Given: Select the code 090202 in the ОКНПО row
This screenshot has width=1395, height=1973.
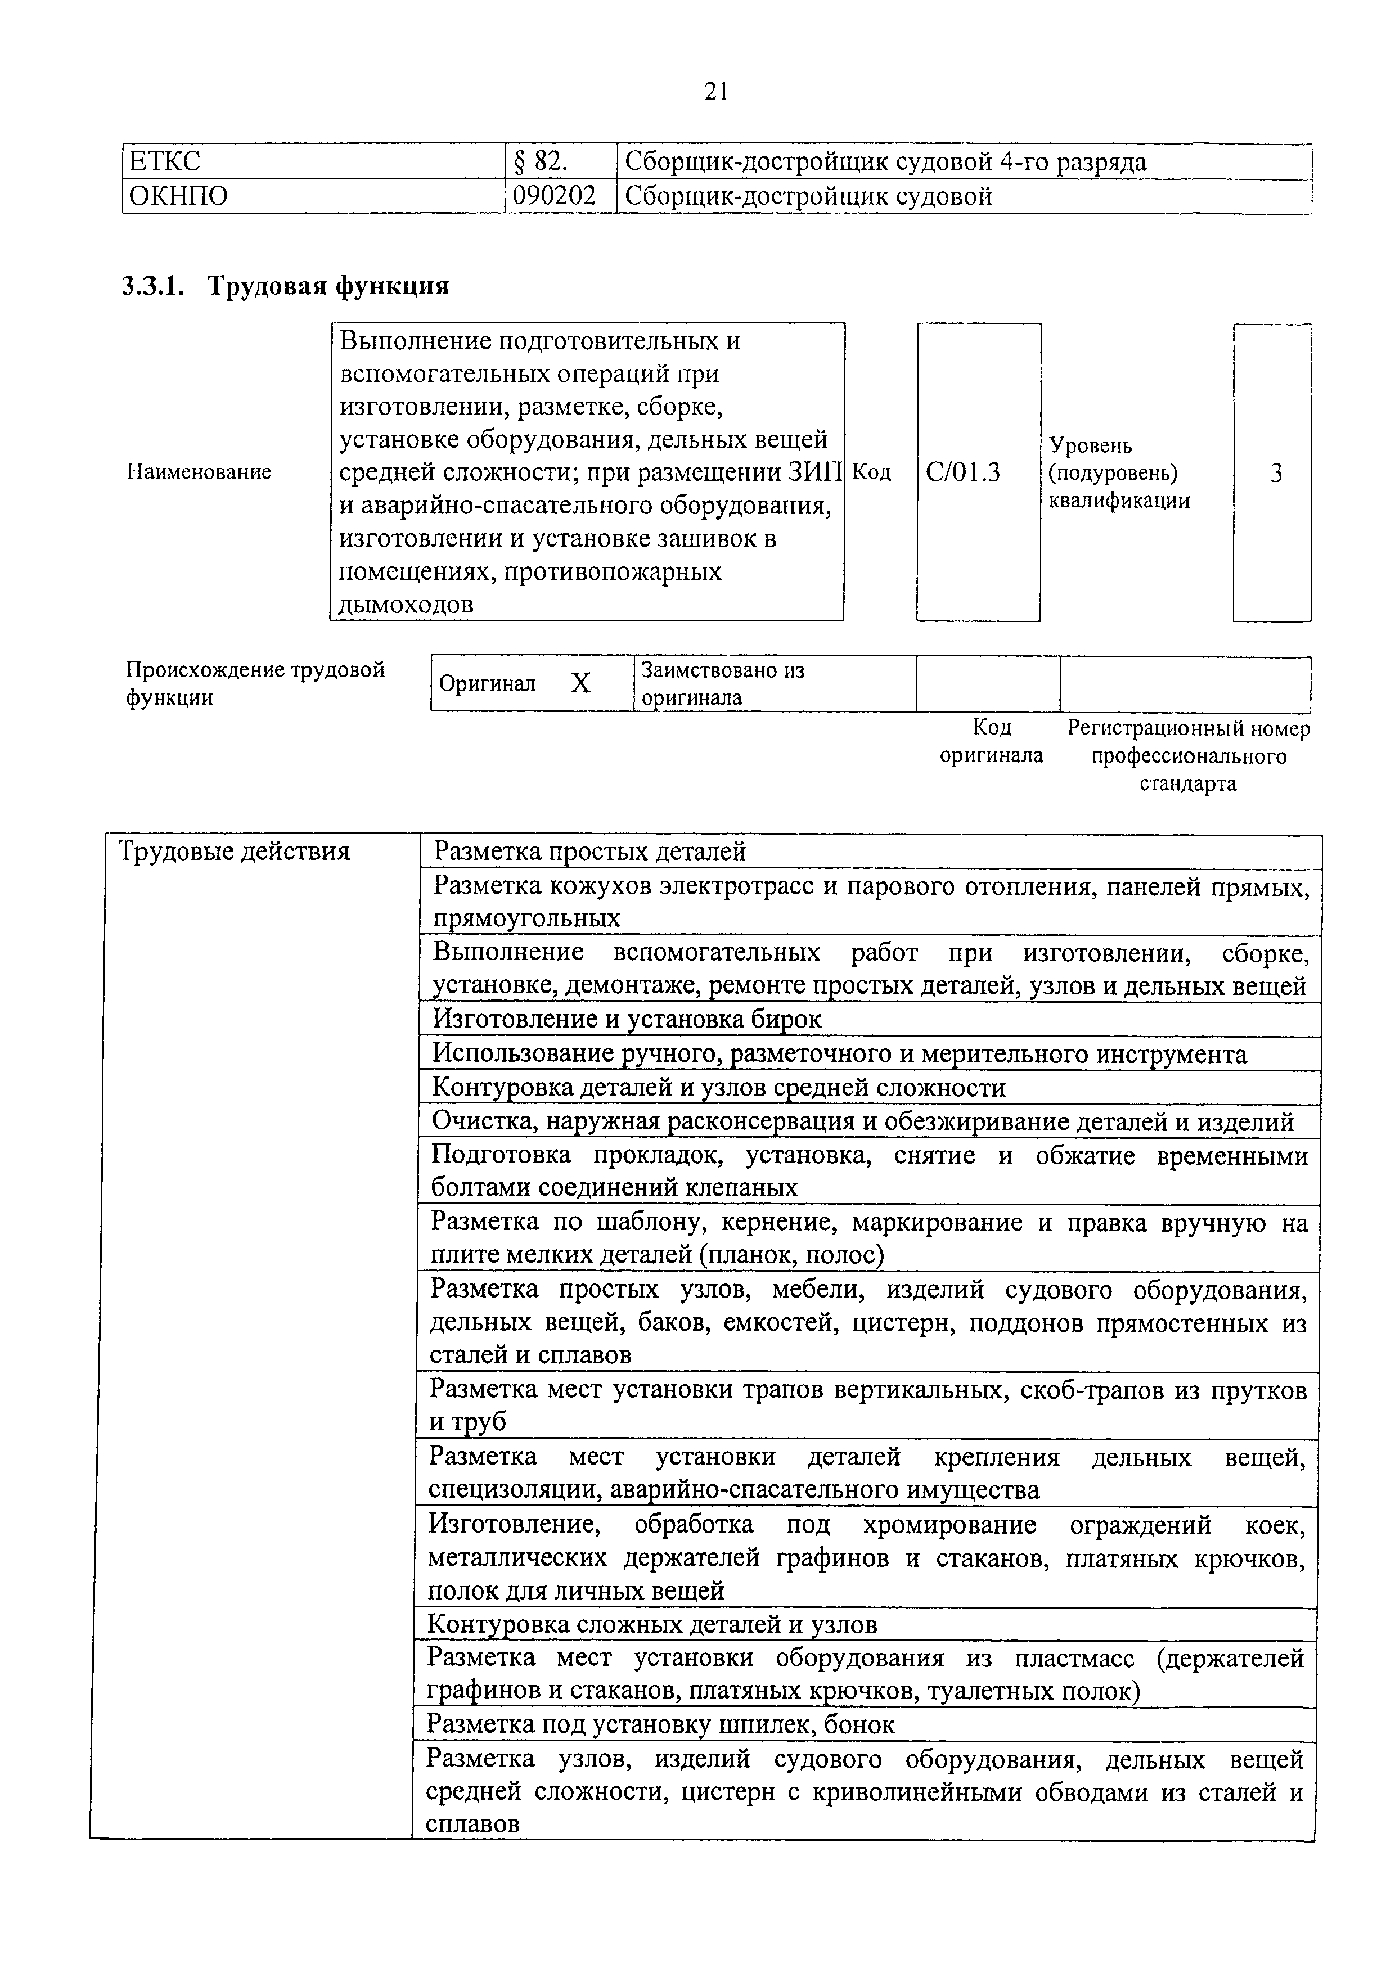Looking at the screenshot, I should [553, 197].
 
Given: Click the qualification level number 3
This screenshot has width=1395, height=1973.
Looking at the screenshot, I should [1276, 472].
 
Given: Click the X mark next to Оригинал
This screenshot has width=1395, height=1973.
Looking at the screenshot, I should [581, 684].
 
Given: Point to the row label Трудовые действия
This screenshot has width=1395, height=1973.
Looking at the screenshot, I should [234, 852].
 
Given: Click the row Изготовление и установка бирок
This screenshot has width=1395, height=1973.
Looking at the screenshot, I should [627, 1019].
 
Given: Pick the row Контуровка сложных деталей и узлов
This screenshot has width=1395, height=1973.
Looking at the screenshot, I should [652, 1624].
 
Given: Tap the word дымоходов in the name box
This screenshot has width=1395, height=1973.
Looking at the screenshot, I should [406, 605].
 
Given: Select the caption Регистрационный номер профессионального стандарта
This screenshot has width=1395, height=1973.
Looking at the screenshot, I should [1188, 756].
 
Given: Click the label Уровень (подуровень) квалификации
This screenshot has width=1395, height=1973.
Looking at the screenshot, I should [1119, 472].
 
